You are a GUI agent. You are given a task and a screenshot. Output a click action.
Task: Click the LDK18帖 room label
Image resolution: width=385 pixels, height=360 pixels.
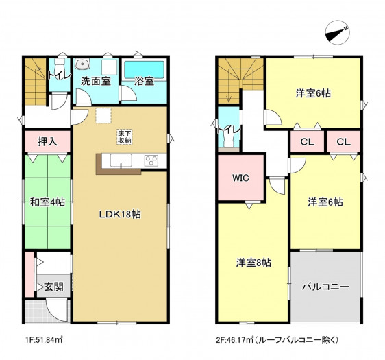pos(120,214)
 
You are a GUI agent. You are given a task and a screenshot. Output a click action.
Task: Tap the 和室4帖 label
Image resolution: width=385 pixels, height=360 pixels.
pos(47,202)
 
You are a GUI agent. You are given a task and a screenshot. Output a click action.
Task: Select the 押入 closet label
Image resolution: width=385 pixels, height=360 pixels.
pos(48,141)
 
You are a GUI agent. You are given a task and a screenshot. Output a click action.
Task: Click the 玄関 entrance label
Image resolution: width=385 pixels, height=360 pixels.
pos(53,287)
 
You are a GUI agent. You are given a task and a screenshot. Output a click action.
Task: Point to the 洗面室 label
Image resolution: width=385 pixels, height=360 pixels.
pos(96,81)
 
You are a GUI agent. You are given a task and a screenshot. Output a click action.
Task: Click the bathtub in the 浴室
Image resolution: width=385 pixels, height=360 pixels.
pos(144,70)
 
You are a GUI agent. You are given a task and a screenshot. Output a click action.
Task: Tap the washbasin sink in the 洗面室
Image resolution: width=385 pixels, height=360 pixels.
pos(82,64)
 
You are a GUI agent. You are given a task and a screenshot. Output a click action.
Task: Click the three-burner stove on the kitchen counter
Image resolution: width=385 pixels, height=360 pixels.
pos(151,161)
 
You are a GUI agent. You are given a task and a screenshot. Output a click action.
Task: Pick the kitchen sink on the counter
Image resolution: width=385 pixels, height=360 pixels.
pos(121,160)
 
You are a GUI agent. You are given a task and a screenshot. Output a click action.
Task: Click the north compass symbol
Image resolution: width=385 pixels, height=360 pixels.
pos(337,32)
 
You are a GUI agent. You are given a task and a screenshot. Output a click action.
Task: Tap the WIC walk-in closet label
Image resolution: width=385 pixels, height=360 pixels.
pos(240,178)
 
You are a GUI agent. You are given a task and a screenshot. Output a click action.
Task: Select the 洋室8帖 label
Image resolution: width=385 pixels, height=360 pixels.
pos(253,263)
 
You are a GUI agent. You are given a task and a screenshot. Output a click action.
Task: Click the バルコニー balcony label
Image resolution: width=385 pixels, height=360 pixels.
pos(325,287)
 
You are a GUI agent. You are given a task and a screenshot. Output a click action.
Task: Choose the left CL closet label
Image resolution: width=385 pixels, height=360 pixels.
pos(308,142)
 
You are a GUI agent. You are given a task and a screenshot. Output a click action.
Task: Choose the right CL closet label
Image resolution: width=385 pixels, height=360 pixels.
pos(343,142)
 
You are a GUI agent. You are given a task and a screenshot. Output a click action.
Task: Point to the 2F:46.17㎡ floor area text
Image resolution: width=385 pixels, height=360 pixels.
pos(277,340)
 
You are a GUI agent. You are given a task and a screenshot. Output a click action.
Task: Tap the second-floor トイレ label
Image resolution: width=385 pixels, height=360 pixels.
pos(229,130)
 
